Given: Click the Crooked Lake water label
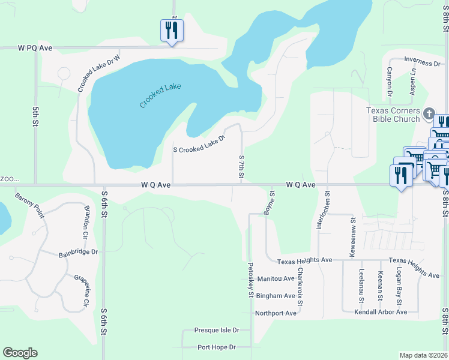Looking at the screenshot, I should (160, 95).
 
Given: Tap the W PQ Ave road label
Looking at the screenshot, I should (36, 47).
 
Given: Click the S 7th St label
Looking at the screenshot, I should (241, 166).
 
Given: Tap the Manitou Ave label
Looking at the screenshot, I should (276, 279).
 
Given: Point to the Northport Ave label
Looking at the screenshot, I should (276, 313).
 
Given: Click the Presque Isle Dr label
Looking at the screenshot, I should (217, 330).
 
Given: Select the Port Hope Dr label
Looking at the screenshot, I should (217, 347).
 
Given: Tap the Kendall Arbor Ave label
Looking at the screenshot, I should (381, 312).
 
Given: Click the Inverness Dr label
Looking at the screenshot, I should (422, 60).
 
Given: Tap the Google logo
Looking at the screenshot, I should (20, 353).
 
